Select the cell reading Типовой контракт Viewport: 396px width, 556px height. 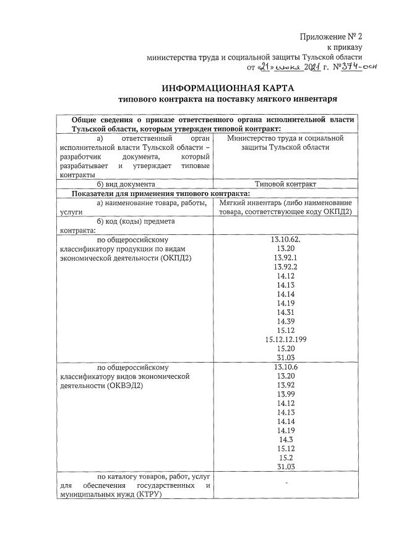point(285,184)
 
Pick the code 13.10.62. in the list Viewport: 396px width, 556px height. point(285,238)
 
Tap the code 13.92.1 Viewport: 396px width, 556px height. point(285,257)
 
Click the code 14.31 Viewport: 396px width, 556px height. point(285,312)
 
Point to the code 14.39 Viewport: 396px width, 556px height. point(285,321)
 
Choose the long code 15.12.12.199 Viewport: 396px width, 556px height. point(285,340)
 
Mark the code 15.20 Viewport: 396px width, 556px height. point(285,349)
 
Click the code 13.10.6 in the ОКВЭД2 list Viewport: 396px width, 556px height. point(285,367)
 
